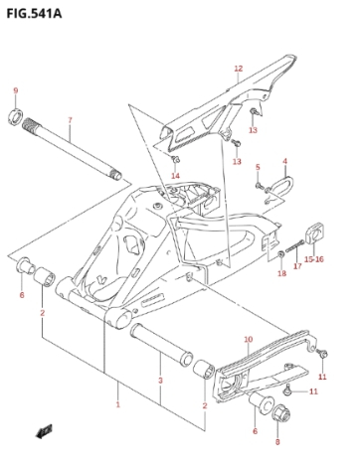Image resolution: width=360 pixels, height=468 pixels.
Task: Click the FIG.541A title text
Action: (34, 13)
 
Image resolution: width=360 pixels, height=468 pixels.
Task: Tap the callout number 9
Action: (16, 90)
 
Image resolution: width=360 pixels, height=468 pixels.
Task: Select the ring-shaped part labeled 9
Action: (15, 116)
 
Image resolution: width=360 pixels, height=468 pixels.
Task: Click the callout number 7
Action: (70, 120)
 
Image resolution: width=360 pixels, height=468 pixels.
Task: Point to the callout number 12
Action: (239, 69)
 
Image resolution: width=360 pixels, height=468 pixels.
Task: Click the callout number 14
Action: (175, 176)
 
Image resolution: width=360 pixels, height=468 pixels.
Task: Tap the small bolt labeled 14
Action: (175, 160)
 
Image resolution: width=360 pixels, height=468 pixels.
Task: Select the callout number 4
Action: (285, 161)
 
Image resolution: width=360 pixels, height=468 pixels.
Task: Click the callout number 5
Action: (258, 167)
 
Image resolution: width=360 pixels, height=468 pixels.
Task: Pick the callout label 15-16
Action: (314, 259)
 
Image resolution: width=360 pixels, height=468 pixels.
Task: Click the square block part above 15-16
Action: (314, 234)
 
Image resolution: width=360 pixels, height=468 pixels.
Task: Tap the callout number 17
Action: (297, 265)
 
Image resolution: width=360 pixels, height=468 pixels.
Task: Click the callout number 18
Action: (281, 273)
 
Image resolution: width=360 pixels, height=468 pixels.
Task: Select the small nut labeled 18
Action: (280, 254)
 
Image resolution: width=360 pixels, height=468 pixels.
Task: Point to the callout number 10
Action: (249, 340)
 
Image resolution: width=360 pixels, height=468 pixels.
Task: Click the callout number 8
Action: (277, 441)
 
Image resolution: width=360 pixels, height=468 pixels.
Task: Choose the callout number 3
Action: (160, 381)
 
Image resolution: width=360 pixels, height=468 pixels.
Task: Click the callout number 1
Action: (117, 404)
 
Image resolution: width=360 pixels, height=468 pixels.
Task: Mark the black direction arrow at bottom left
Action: (44, 431)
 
